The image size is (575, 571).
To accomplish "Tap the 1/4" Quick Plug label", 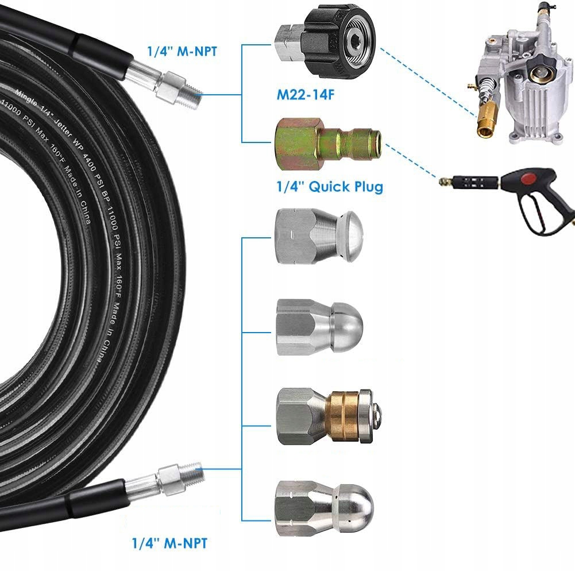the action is tap(330, 187).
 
